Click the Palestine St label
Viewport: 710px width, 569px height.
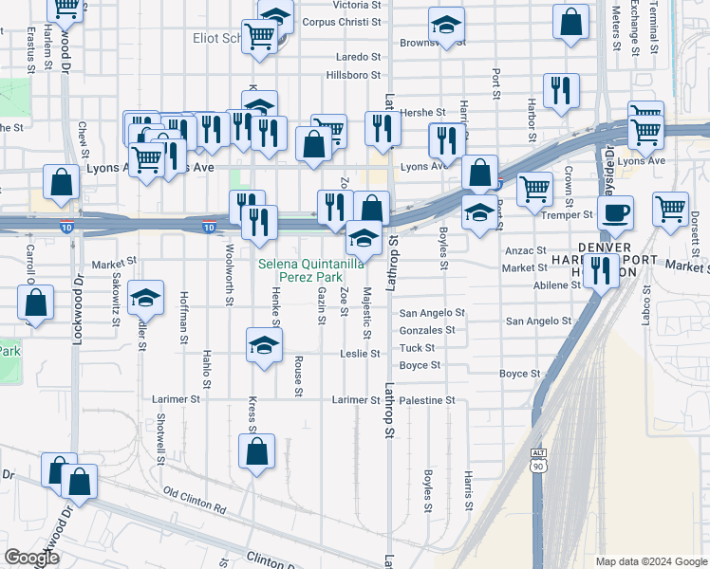click(427, 400)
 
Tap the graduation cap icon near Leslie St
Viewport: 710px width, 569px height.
click(265, 345)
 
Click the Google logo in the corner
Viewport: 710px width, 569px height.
click(31, 558)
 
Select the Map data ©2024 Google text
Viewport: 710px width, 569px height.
click(651, 561)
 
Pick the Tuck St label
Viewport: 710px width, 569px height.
click(419, 348)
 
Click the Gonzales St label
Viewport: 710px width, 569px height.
click(427, 330)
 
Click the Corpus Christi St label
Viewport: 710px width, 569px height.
click(342, 21)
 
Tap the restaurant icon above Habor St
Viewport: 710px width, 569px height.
click(561, 91)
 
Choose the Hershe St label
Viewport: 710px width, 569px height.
click(417, 112)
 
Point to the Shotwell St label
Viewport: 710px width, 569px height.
click(161, 433)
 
